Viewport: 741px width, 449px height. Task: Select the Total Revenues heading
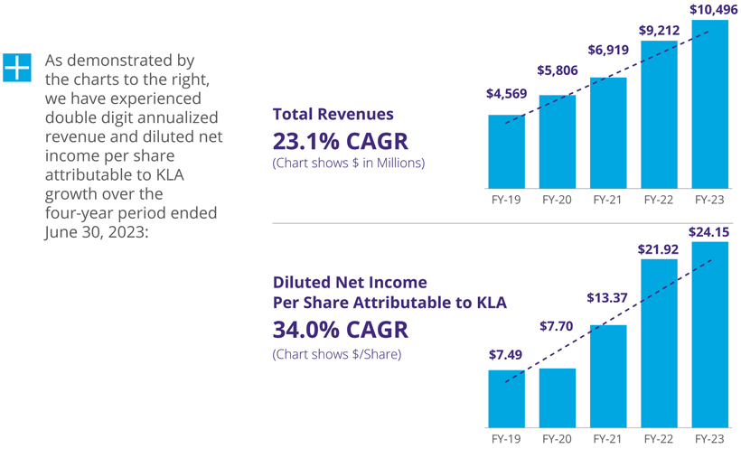click(x=333, y=115)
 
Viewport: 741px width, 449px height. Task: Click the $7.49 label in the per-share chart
click(x=506, y=356)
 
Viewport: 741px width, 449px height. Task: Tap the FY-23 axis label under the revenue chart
click(x=709, y=199)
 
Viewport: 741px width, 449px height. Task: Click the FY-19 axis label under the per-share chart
click(x=506, y=436)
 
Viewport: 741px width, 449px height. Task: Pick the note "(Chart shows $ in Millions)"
click(x=348, y=164)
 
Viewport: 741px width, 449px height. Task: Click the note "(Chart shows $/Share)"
click(x=336, y=353)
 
